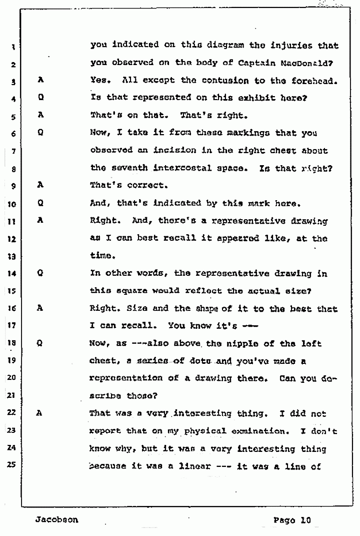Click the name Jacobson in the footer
(56, 519)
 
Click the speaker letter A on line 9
(41, 184)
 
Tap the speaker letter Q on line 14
(41, 273)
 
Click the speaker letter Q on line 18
(41, 343)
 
